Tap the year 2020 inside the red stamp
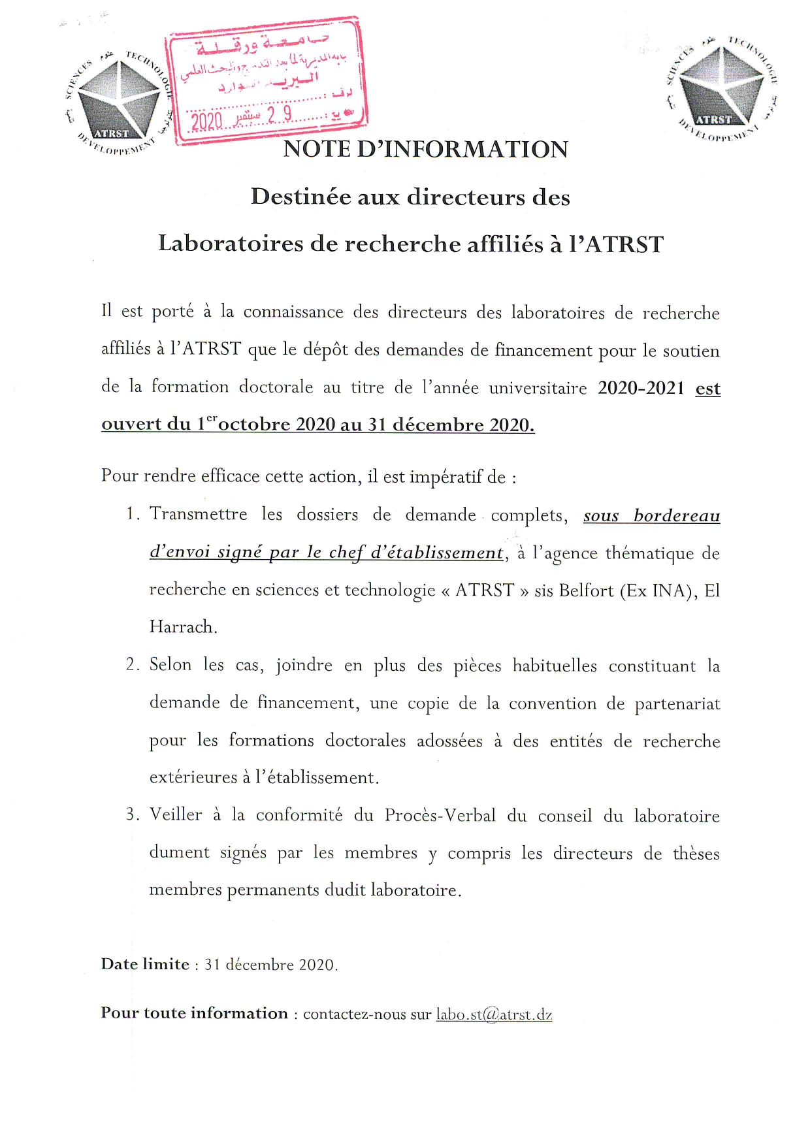click(206, 121)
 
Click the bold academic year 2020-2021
click(640, 388)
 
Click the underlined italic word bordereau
click(677, 516)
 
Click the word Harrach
click(182, 627)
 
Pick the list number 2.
click(132, 665)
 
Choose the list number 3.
click(132, 814)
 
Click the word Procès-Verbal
click(440, 815)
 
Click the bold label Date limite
click(145, 964)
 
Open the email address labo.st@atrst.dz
click(494, 1014)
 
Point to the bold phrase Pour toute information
click(194, 1013)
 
